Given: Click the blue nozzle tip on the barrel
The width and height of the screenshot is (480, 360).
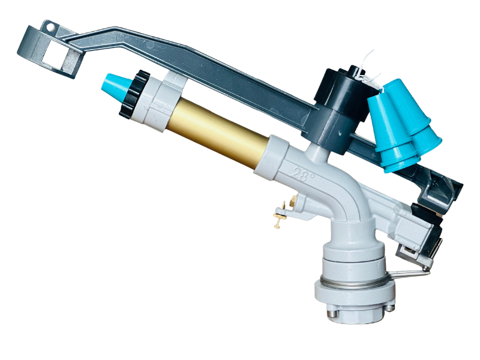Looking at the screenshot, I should point(113,85).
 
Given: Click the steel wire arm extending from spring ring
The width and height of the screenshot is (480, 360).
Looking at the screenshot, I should point(408,274).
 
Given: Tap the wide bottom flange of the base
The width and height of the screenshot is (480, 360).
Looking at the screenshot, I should point(354,296).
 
